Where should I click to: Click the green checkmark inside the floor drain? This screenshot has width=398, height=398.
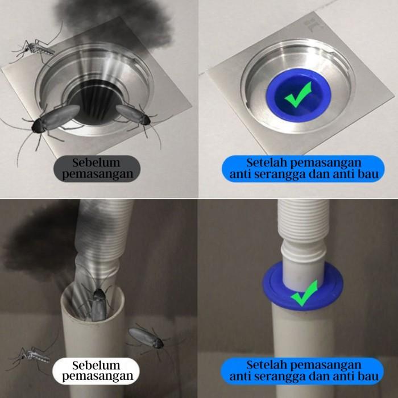298,94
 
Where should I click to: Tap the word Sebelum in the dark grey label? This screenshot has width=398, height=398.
96,163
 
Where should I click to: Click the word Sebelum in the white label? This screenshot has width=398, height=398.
96,366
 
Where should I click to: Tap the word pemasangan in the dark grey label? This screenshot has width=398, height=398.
97,175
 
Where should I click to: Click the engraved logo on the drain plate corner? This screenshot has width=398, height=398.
312,24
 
